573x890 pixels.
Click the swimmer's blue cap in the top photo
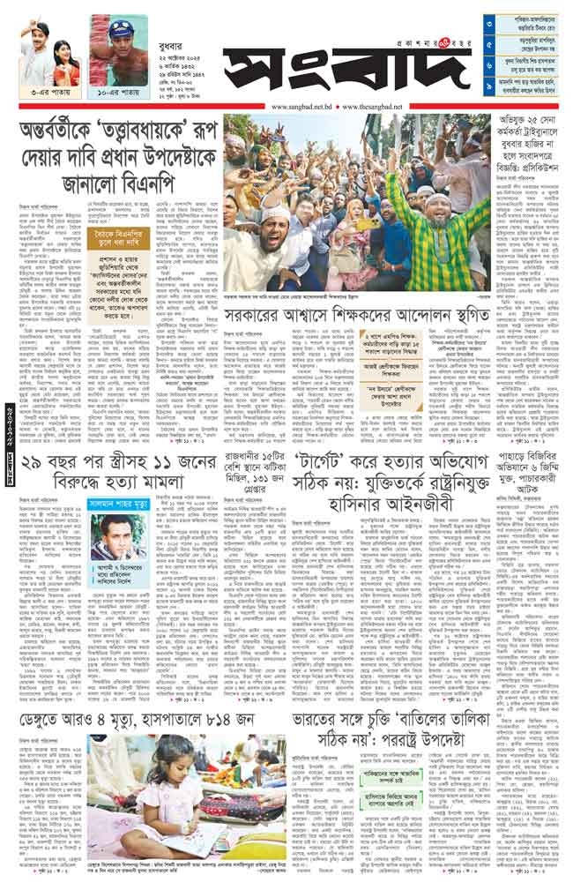119,27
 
